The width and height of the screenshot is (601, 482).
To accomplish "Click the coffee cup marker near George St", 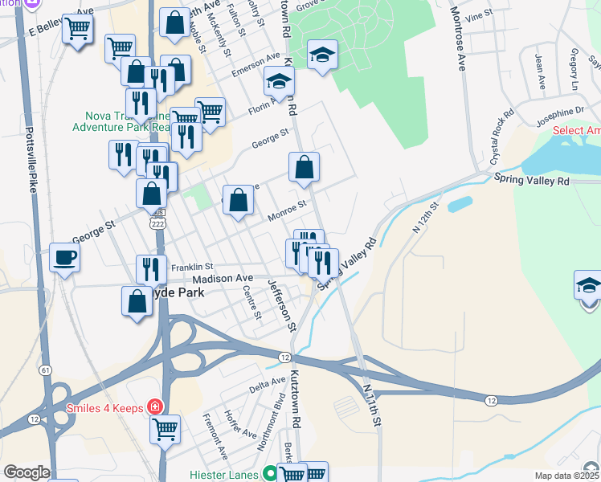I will [65, 259].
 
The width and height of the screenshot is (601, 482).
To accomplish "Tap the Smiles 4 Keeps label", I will [106, 407].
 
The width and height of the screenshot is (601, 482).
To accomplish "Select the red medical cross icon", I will [153, 407].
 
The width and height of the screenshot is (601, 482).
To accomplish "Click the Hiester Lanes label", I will [223, 474].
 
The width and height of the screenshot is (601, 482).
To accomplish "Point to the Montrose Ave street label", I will [457, 39].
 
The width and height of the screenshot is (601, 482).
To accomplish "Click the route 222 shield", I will [157, 225].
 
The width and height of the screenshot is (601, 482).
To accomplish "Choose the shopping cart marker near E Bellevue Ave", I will [78, 29].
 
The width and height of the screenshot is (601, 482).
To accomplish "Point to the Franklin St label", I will [191, 267].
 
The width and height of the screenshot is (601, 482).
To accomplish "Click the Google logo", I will [27, 472].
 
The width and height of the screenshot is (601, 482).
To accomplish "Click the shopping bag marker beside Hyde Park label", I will [136, 302].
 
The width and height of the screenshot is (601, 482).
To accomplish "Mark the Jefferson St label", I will [282, 306].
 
